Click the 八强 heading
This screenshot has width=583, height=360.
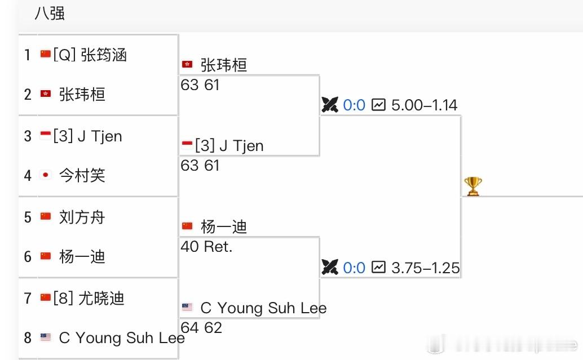pos(50,14)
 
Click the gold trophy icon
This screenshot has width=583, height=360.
pos(472,186)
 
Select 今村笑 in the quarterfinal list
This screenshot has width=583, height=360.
pos(82,176)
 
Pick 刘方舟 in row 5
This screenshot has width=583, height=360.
pos(82,217)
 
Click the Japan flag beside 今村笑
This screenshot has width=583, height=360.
pos(46,176)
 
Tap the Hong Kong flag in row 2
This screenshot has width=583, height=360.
pos(46,94)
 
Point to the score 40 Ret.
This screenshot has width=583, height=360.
pos(206,247)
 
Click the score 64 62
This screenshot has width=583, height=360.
pos(201,327)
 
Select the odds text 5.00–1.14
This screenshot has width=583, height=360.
pos(424,105)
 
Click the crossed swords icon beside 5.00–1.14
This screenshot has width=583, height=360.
pos(330,105)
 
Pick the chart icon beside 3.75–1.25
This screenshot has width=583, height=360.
pos(379,268)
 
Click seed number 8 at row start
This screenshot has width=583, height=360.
pos(28,337)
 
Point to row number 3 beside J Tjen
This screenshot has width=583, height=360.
pos(28,136)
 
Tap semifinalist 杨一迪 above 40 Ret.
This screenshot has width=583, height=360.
pos(223,227)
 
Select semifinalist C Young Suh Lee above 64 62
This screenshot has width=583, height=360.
pos(263,308)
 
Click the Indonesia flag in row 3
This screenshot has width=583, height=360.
pos(46,135)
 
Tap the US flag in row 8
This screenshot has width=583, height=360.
pos(46,337)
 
